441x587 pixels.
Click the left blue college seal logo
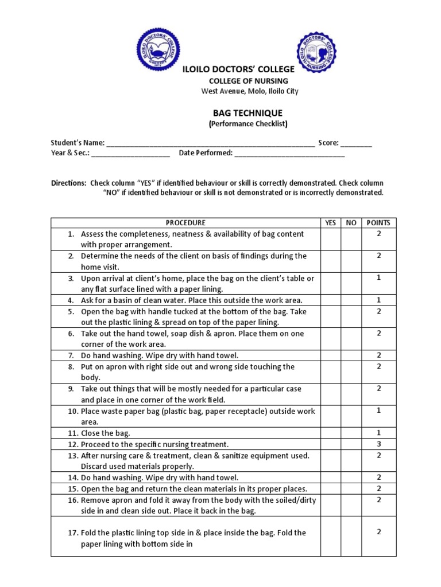[x=158, y=50]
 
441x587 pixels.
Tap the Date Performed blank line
[x=289, y=154]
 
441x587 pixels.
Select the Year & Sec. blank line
[x=130, y=154]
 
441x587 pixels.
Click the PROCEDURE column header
[x=185, y=223]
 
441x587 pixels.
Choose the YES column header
[x=330, y=223]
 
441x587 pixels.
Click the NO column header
[x=350, y=223]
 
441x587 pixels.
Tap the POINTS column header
[x=378, y=223]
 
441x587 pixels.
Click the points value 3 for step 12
[x=378, y=444]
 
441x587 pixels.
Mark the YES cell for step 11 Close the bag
[x=330, y=433]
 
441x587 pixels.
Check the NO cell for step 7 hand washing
[x=350, y=355]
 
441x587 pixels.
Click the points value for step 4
[x=378, y=300]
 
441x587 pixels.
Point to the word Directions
[x=69, y=182]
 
